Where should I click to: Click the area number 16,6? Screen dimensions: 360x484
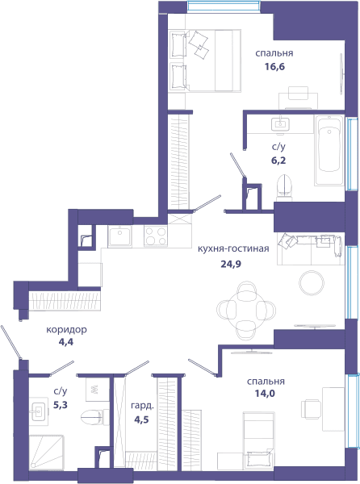tap(274, 67)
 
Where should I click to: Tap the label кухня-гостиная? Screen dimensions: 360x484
tap(233, 248)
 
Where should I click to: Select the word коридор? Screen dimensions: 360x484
tap(66, 330)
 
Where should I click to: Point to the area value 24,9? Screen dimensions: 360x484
tap(231, 264)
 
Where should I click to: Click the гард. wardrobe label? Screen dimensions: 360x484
tap(142, 406)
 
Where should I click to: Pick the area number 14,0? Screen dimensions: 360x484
tap(265, 394)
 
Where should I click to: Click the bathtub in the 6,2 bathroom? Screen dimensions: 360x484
tap(329, 150)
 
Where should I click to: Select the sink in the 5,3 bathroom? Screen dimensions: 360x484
tap(39, 411)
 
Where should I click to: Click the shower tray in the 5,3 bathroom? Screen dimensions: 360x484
tap(47, 453)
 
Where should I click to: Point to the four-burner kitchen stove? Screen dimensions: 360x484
tap(156, 236)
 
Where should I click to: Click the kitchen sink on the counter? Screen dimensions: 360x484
tap(119, 236)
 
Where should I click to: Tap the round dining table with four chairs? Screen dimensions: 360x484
tap(246, 311)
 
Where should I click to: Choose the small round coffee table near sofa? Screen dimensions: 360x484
tap(312, 283)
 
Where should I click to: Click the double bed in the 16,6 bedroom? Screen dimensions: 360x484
tap(205, 60)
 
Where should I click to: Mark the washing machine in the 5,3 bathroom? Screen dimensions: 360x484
tap(97, 389)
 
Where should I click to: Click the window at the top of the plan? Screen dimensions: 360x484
tap(224, 6)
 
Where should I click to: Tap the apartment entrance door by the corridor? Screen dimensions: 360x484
tap(11, 342)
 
